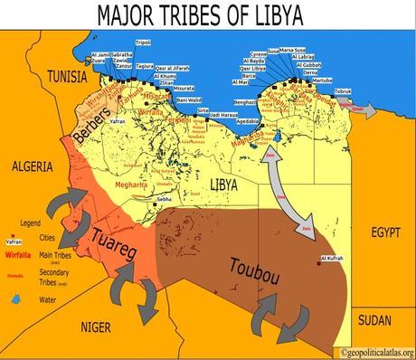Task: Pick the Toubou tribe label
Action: pyautogui.click(x=249, y=269)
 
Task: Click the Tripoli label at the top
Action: pyautogui.click(x=141, y=43)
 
